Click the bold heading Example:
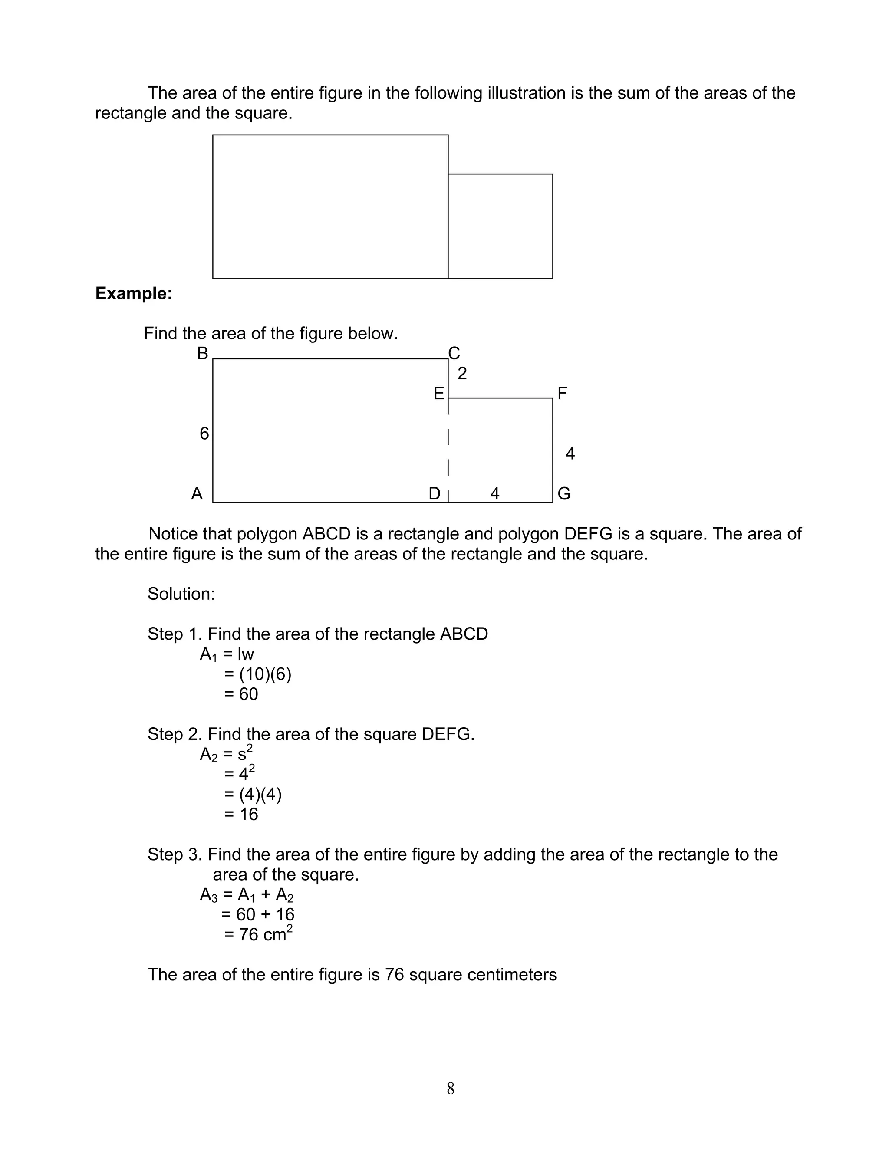[x=134, y=293]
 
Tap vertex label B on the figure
[x=203, y=353]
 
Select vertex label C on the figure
[x=454, y=353]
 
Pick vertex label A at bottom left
[x=197, y=494]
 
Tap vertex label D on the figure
[x=435, y=494]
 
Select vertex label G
[x=564, y=494]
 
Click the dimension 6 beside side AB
[x=204, y=434]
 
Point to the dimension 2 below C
[x=462, y=374]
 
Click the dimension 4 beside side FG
[x=570, y=453]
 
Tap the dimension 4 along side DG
[x=494, y=494]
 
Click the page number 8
[x=450, y=1088]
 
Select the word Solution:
[x=181, y=594]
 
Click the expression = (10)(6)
[x=257, y=674]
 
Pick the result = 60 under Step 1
[x=241, y=694]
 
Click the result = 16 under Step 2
[x=241, y=815]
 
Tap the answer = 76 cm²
[x=258, y=934]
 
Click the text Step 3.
[x=175, y=854]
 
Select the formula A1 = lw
[x=227, y=654]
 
